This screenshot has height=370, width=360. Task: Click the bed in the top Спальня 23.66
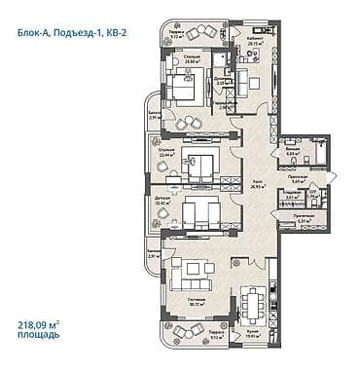(x=182, y=91)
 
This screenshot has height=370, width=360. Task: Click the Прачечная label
(x=303, y=216)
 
